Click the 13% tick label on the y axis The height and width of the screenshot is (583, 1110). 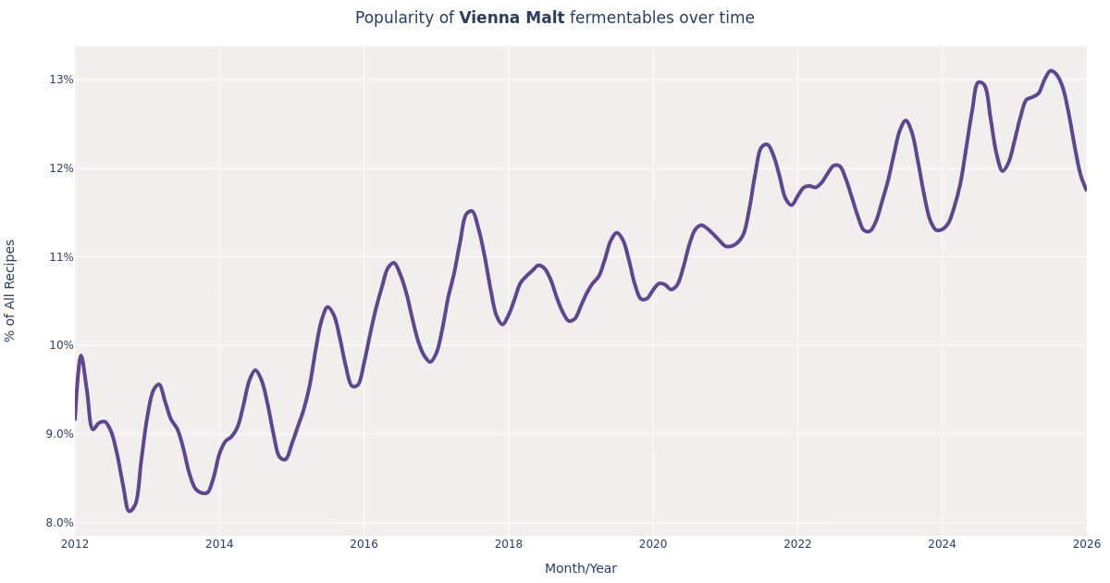coord(61,80)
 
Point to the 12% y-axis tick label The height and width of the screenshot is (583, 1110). coord(61,168)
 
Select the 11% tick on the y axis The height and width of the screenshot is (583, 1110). coord(61,257)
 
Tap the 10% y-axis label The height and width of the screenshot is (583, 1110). coord(61,345)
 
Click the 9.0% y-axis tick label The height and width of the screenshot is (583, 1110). coord(59,434)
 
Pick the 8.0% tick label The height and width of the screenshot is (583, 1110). coord(59,523)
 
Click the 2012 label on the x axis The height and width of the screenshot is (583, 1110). coord(75,544)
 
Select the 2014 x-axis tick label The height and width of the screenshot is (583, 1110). coord(219,544)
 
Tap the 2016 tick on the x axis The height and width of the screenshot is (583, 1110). coord(364,544)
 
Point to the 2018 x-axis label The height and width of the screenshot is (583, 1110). coord(508,544)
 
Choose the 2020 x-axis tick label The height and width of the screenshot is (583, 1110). coord(653,544)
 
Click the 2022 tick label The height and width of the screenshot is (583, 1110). coord(797,544)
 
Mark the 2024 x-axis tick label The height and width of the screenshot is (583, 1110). coord(942,544)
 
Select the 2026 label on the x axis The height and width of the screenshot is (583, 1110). coord(1086,544)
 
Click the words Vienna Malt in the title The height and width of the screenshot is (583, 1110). coord(512,19)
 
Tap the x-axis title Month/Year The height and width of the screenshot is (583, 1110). coord(580,569)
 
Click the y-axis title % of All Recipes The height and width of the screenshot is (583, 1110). coord(11,291)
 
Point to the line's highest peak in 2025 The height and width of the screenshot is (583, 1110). coord(1051,71)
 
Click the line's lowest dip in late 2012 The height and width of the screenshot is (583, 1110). coord(129,511)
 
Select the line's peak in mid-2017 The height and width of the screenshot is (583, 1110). coord(471,211)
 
